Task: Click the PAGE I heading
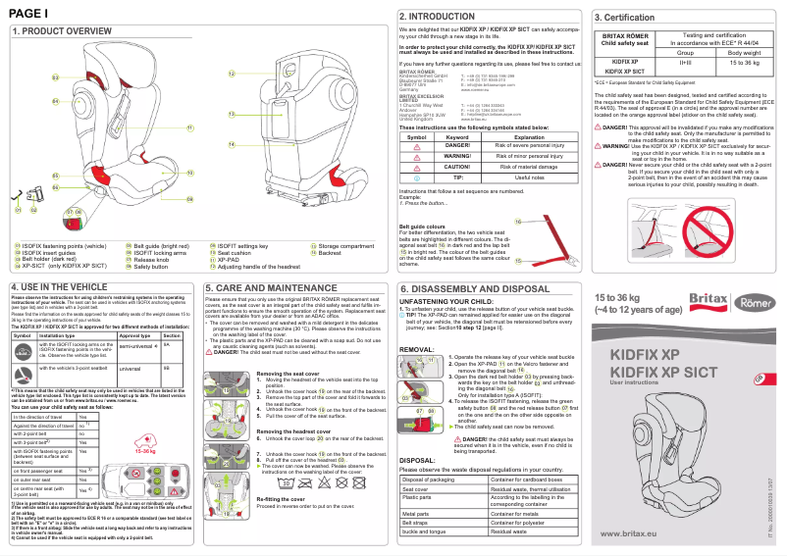click(28, 12)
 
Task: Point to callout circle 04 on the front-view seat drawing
click(55, 101)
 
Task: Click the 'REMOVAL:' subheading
click(418, 349)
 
